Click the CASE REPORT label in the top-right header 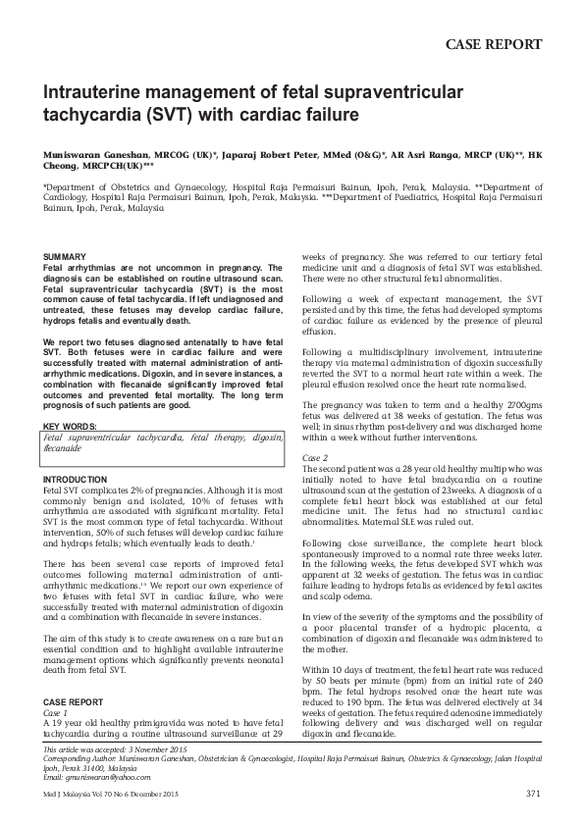click(494, 44)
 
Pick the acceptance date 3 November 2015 click(158, 749)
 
